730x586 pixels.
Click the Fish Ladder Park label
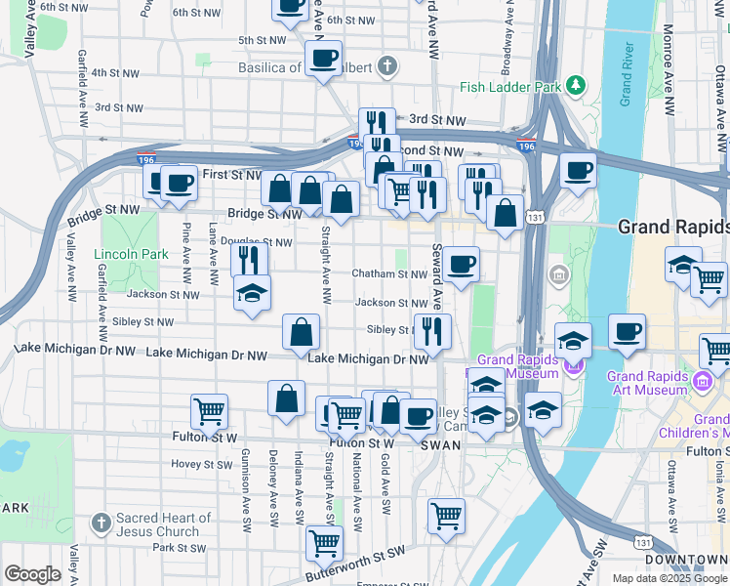508,87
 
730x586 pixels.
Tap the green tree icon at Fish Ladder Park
577,86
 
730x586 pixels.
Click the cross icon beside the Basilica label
387,67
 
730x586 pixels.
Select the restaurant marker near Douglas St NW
250,260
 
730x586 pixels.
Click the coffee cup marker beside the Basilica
323,59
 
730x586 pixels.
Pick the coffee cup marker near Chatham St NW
461,264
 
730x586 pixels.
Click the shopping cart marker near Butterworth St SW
324,542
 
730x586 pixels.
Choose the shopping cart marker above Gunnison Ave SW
209,411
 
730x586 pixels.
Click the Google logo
31,574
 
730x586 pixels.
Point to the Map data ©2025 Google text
669,578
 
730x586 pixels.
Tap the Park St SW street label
176,548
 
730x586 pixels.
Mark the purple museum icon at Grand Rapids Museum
573,367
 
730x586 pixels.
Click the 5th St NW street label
262,40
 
